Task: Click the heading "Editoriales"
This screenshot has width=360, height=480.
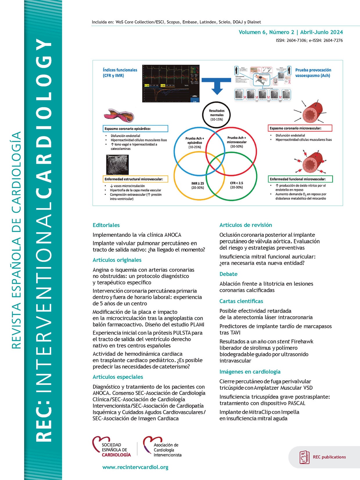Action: click(x=106, y=225)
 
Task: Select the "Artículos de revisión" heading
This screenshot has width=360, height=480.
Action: click(x=246, y=225)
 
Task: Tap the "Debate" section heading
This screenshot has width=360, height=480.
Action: click(x=228, y=274)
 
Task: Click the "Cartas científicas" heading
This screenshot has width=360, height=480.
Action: click(x=241, y=301)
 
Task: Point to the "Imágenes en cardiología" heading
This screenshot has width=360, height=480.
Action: click(x=250, y=372)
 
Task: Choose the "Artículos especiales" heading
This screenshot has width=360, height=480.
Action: click(x=118, y=377)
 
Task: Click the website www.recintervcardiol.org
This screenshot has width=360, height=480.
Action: click(x=135, y=467)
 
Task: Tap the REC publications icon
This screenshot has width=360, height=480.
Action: click(x=304, y=457)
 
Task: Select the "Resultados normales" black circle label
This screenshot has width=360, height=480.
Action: click(x=217, y=115)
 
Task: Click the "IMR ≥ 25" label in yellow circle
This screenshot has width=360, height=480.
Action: click(x=197, y=185)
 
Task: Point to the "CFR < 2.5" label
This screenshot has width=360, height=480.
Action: click(x=236, y=185)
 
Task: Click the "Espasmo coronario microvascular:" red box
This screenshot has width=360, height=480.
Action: click(x=300, y=128)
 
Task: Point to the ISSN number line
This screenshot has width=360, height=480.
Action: click(x=309, y=41)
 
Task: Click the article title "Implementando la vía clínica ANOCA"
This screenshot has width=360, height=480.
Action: click(x=137, y=235)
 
